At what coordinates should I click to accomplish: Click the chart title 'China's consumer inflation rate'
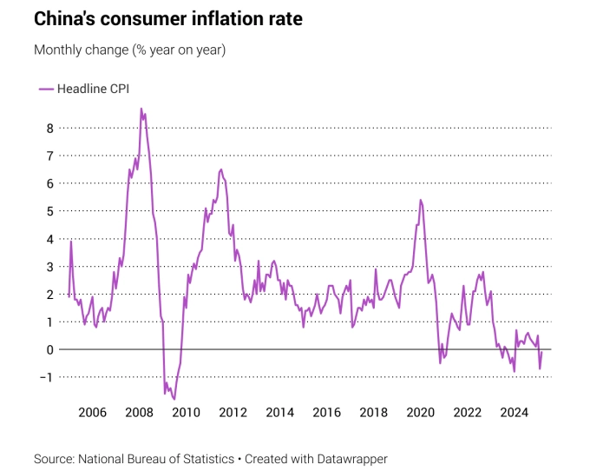click(x=168, y=19)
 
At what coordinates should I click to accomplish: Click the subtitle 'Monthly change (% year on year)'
click(x=129, y=50)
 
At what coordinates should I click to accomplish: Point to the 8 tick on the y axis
click(x=50, y=128)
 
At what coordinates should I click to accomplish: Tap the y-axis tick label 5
click(x=50, y=211)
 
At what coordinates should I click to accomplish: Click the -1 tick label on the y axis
click(x=48, y=377)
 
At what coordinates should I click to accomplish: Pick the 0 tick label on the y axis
click(x=50, y=349)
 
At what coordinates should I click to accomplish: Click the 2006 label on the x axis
click(x=92, y=412)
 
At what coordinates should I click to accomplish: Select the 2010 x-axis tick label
click(x=186, y=412)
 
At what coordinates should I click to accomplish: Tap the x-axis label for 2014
click(x=279, y=412)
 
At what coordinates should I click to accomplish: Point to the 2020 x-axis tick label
click(x=421, y=412)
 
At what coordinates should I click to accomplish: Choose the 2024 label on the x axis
click(x=515, y=412)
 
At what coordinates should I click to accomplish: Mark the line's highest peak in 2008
click(x=141, y=109)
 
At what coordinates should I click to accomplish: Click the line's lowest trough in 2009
click(x=174, y=399)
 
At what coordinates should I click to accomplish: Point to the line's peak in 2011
click(x=221, y=169)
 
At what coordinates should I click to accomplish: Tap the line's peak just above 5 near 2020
click(x=420, y=200)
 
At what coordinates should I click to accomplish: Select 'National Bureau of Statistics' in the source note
click(x=156, y=458)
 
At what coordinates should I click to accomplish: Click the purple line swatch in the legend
click(x=46, y=88)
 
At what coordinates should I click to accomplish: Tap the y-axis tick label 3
click(x=50, y=266)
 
